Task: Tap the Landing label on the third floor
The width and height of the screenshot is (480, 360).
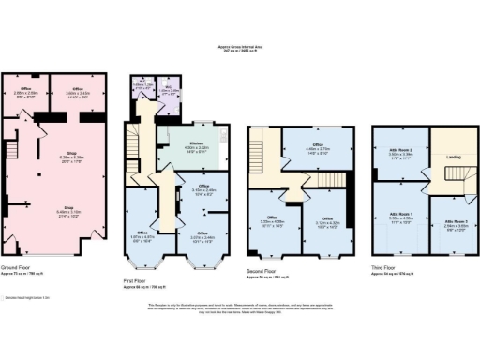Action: pyautogui.click(x=427, y=157)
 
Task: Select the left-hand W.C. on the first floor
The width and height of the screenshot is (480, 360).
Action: pyautogui.click(x=141, y=94)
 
